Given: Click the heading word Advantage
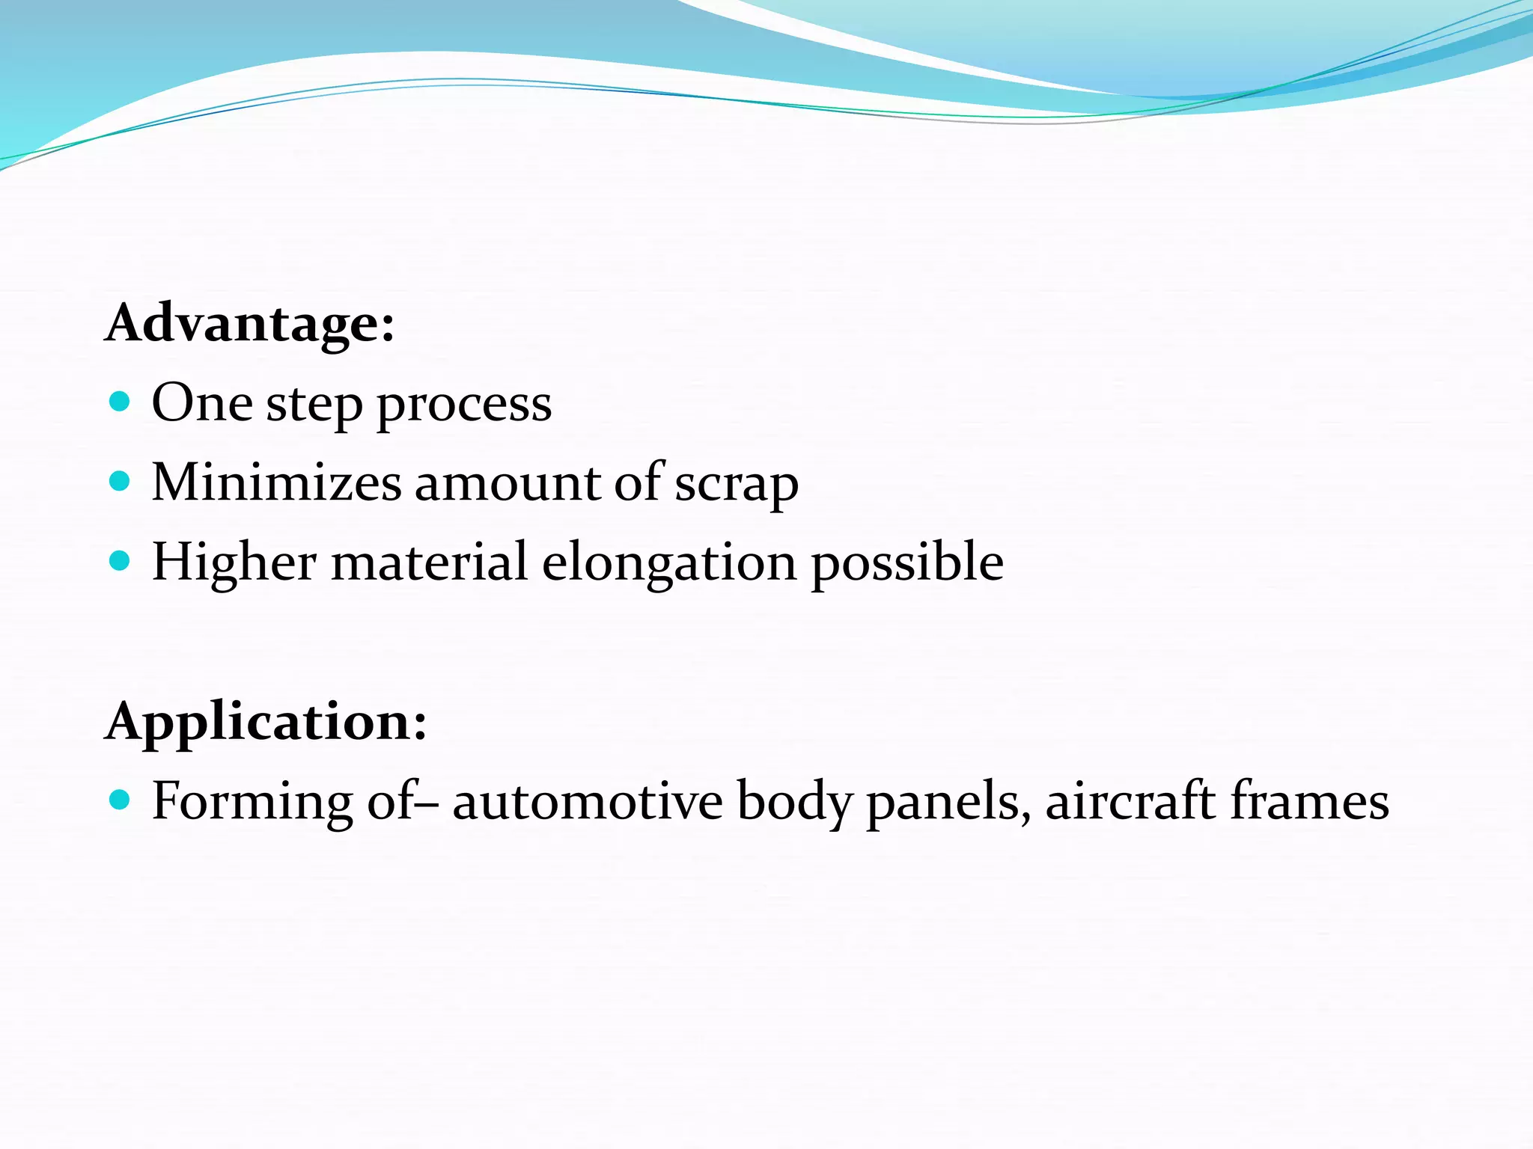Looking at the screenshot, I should click(x=249, y=324).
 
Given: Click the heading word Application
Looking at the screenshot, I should click(x=266, y=723).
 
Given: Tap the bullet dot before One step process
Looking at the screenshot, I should click(x=120, y=402).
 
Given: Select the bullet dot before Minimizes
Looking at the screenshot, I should click(x=120, y=481).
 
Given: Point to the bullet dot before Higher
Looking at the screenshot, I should click(x=120, y=560).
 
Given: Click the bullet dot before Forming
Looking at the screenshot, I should click(x=120, y=800).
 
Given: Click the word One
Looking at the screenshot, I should click(x=202, y=403).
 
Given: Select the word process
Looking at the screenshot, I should click(x=464, y=406).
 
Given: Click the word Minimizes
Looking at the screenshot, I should click(x=276, y=482).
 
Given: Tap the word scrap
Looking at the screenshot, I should click(x=737, y=485).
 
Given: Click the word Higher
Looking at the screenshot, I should click(x=234, y=563).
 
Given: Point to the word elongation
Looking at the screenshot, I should click(x=669, y=565).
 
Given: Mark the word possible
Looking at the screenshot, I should click(x=907, y=565).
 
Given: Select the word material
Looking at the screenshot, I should click(x=429, y=562).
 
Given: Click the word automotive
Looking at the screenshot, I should click(x=588, y=801).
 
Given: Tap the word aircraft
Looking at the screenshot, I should click(x=1130, y=801).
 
